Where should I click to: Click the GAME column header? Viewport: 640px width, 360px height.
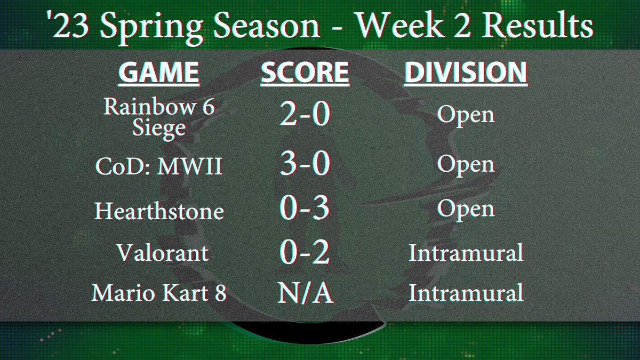(x=159, y=73)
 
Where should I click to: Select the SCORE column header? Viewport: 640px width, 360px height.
(x=305, y=73)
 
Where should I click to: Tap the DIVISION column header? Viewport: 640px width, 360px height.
(x=466, y=73)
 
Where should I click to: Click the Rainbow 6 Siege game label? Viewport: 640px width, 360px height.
(x=159, y=118)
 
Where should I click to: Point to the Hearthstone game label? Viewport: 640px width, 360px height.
(x=159, y=212)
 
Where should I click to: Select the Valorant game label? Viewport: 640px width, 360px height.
(x=162, y=252)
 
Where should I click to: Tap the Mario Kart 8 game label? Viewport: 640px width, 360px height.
(x=159, y=293)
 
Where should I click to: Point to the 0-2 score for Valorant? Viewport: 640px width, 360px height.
(x=305, y=252)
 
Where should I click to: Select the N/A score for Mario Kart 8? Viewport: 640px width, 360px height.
(x=305, y=293)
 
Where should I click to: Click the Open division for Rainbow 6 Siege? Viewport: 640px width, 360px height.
(x=466, y=116)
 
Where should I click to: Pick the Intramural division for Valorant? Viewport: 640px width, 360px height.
(x=466, y=252)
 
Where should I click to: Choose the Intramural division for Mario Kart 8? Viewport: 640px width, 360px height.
(x=466, y=293)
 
